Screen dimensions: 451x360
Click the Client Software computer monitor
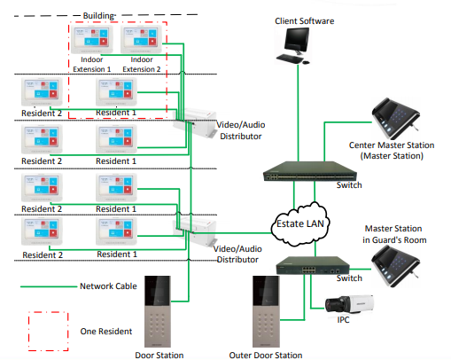click(x=297, y=41)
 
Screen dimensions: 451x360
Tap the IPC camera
click(x=349, y=304)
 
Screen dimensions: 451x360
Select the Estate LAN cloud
click(x=300, y=224)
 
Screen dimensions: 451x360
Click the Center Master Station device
click(x=396, y=119)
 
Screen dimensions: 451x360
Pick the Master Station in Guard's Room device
click(x=396, y=266)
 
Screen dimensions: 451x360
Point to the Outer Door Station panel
click(x=266, y=311)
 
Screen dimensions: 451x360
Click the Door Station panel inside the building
click(x=158, y=311)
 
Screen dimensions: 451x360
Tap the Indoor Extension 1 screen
click(x=91, y=39)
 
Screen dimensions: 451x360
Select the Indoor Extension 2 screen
click(x=141, y=39)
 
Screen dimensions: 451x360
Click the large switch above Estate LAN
click(x=310, y=171)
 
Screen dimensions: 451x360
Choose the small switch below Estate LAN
click(x=313, y=265)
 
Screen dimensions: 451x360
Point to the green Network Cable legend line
click(x=49, y=286)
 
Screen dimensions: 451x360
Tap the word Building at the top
click(x=98, y=16)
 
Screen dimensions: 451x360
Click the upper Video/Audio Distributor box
click(x=195, y=122)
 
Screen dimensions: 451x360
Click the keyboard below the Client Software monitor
click(x=290, y=59)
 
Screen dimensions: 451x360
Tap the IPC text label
click(x=343, y=320)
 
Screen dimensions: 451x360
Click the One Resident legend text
click(x=106, y=332)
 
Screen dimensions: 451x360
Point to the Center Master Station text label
click(x=392, y=145)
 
